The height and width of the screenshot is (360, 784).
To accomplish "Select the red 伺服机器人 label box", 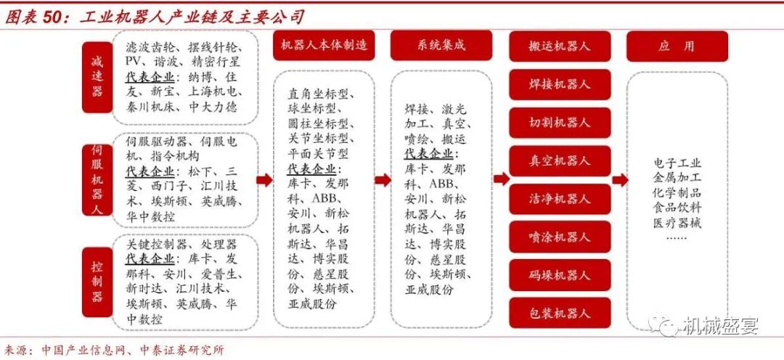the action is coord(97,179).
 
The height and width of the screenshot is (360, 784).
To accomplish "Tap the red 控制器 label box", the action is coord(97,282).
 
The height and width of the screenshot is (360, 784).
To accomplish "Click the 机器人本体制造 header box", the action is coord(324,45).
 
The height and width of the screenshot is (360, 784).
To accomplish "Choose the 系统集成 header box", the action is coord(441,45).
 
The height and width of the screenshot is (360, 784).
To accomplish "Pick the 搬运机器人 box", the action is coord(560,46).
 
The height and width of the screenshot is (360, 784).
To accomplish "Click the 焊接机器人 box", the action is coord(560,84).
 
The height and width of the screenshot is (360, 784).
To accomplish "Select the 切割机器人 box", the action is coord(560,123).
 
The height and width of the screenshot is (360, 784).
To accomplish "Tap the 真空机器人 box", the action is coord(560,161).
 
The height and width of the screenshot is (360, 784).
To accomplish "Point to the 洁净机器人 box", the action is coord(560,199).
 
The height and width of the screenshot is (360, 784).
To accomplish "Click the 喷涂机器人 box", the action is coord(560,237).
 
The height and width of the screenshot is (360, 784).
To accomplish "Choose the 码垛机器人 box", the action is coord(560,275).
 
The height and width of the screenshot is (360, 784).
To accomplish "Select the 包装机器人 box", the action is coord(560,313).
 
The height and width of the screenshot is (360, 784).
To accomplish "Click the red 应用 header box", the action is coord(677,46).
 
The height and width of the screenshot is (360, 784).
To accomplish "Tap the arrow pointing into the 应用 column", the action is coord(620,179).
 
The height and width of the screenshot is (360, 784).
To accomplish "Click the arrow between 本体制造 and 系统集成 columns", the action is coord(383,180).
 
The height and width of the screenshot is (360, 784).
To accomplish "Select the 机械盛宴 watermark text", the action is coord(722,325).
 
